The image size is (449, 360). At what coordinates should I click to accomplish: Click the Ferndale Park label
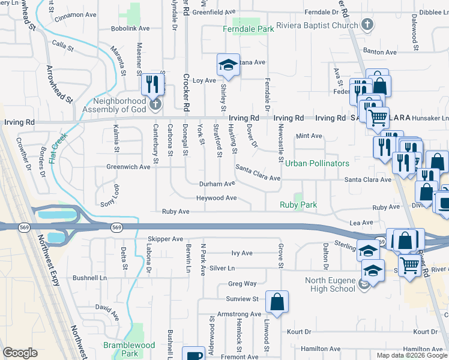coord(249,29)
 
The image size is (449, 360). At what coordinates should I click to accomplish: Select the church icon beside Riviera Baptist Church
coord(368,25)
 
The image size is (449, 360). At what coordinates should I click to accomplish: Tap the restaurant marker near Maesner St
coord(152,83)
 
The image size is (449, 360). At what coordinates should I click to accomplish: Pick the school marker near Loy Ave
coord(228,65)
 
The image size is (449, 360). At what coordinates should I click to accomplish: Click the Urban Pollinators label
coord(317,163)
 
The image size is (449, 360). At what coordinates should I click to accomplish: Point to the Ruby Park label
coord(298,205)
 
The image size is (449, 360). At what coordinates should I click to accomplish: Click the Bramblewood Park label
coord(128,349)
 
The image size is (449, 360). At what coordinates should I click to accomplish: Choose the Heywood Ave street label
coord(216,198)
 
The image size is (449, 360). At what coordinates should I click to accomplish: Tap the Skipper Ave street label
coord(165,239)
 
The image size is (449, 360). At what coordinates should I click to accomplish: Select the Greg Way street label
coord(242,284)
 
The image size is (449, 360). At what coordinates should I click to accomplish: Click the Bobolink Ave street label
coord(131,28)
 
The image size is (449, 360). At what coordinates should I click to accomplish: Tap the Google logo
coord(20,353)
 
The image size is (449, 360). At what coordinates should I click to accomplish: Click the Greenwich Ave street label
coord(128,167)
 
